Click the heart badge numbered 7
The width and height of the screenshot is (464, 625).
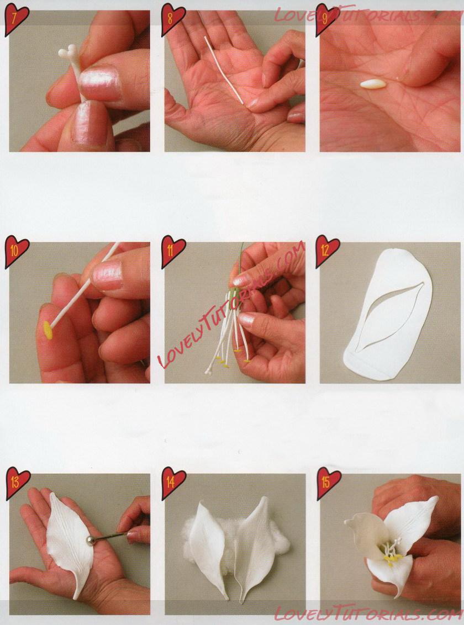pyautogui.click(x=17, y=19)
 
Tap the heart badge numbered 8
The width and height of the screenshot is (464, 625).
pyautogui.click(x=172, y=19)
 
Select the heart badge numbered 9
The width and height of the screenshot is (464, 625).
pyautogui.click(x=326, y=19)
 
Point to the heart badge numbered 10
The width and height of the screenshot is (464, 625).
pyautogui.click(x=17, y=251)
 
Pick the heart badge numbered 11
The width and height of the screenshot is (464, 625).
pyautogui.click(x=172, y=251)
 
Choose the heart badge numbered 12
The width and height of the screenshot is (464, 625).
pyautogui.click(x=327, y=251)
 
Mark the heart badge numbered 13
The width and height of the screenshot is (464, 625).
pyautogui.click(x=17, y=483)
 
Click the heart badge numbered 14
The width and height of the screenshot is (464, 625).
pyautogui.click(x=173, y=483)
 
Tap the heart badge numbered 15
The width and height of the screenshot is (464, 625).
pyautogui.click(x=329, y=483)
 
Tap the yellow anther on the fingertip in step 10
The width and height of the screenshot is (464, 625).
pyautogui.click(x=48, y=330)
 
